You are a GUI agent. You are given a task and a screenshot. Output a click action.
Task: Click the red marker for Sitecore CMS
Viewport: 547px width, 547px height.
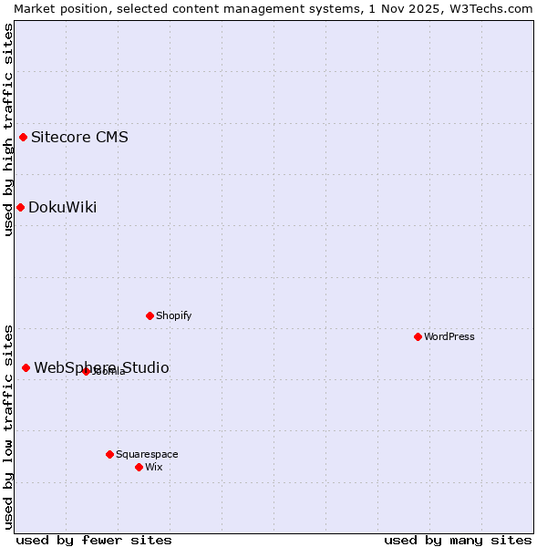pos(24,138)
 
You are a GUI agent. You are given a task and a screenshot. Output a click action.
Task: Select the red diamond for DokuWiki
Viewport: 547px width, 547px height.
pos(20,207)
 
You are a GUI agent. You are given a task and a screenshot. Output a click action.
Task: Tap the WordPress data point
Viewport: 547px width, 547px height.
pos(418,336)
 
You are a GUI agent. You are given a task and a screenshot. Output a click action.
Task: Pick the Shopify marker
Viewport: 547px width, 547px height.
pos(150,315)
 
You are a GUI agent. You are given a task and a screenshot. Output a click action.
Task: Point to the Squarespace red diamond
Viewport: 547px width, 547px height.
pos(109,454)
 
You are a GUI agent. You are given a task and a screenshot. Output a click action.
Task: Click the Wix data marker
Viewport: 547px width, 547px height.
pos(139,467)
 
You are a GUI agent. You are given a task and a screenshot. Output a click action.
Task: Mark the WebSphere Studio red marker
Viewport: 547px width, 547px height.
pos(26,367)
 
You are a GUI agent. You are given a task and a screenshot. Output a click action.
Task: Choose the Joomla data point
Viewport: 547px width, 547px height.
pos(86,371)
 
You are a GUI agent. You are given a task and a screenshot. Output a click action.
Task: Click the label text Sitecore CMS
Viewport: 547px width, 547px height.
pos(79,138)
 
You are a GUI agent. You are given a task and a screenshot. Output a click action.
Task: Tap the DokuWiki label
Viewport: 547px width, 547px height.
pos(62,207)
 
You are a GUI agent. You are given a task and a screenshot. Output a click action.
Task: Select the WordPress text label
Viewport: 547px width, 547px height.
pos(449,336)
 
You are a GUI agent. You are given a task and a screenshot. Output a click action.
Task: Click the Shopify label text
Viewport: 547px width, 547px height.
pos(173,315)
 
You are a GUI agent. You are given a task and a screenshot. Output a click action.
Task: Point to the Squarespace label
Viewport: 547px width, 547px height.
pos(147,454)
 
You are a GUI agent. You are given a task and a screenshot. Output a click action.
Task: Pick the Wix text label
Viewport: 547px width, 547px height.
pos(153,467)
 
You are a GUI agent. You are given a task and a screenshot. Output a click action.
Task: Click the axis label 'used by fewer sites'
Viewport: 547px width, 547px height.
pos(94,540)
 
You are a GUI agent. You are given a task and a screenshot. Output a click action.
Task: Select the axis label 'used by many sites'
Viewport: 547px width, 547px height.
pos(458,540)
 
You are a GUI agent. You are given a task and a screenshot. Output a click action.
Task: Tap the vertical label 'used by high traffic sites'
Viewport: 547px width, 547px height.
pos(8,129)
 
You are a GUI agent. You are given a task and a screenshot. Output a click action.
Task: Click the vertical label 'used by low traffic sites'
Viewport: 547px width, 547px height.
pos(8,426)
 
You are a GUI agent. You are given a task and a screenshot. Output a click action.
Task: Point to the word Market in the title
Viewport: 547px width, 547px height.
pos(35,8)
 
